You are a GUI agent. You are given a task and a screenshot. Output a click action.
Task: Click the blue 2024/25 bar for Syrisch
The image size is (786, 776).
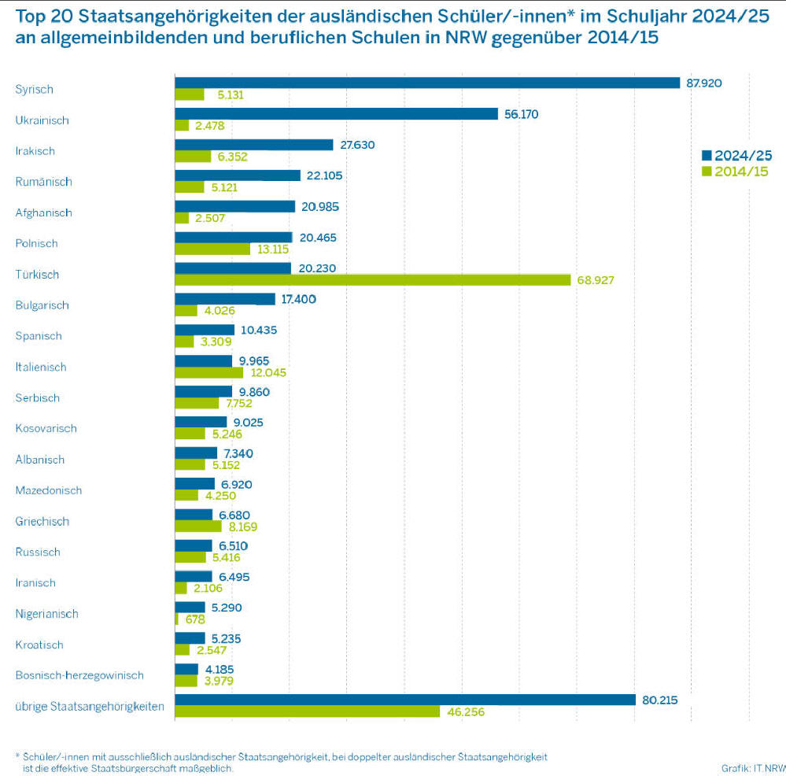tap(426, 83)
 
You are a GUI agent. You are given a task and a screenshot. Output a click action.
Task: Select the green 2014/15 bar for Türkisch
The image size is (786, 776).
tap(372, 280)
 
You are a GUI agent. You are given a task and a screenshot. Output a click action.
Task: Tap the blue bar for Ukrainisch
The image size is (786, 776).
tap(336, 113)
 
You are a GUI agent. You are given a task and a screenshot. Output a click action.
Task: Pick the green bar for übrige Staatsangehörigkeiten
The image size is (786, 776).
tap(307, 711)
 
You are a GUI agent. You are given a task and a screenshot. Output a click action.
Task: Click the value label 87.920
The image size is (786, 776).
tap(704, 83)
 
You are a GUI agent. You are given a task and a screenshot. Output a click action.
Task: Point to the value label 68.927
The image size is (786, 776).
tap(596, 280)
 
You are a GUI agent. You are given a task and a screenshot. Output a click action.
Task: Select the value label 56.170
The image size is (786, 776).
tap(521, 114)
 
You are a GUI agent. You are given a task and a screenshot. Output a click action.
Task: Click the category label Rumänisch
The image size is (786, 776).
tap(43, 182)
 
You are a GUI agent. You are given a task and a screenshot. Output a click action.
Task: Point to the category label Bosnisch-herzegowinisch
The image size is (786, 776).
tap(79, 675)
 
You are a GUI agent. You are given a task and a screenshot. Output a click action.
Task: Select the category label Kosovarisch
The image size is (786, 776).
tap(47, 429)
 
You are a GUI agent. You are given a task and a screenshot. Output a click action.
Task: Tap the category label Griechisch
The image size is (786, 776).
tap(42, 521)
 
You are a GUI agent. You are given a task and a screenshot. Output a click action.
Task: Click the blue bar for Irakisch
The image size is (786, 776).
tap(253, 145)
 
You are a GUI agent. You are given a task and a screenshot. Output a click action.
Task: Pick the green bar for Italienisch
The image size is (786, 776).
tap(208, 372)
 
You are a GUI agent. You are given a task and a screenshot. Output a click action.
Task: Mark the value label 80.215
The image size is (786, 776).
tap(660, 700)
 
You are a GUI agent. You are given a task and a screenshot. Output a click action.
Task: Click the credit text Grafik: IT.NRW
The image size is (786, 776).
tap(752, 768)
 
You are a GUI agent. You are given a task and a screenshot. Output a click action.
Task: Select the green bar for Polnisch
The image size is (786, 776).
tap(212, 249)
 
